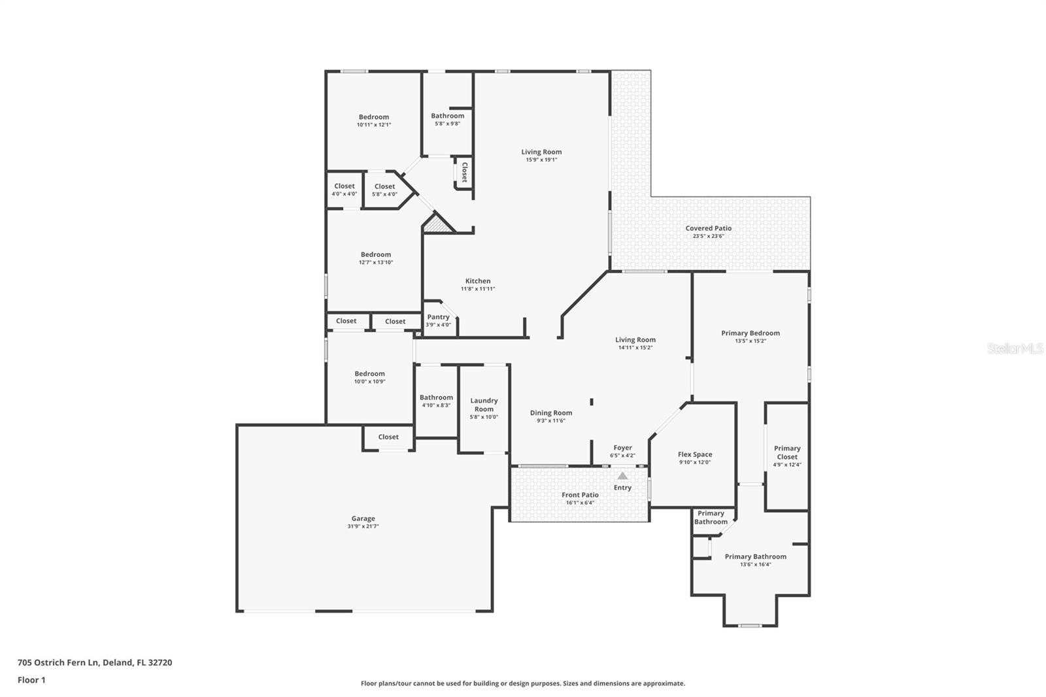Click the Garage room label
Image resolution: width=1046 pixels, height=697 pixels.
tap(363, 518)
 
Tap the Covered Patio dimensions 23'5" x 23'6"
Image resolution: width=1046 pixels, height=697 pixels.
tap(708, 236)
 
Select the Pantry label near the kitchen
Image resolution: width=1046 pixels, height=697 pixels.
tap(438, 317)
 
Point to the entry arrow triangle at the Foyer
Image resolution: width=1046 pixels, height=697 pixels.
tap(622, 476)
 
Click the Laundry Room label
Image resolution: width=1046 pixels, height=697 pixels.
tap(484, 405)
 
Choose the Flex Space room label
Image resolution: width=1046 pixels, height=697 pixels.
tap(694, 454)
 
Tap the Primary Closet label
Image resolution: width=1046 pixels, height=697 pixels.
tap(787, 452)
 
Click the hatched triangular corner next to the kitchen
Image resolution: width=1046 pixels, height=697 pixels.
tap(439, 224)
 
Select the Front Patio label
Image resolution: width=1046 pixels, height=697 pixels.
tap(580, 495)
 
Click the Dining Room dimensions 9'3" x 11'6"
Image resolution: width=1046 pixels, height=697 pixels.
tap(550, 420)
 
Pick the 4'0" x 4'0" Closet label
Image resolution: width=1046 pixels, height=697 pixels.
tap(345, 186)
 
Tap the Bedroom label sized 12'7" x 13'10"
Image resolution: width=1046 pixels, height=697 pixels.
tap(375, 254)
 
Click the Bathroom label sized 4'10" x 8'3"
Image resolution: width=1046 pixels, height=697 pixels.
tap(436, 398)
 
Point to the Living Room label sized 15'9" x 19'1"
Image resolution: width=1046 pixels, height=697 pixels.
tap(541, 152)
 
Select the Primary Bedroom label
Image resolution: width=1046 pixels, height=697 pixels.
tap(750, 333)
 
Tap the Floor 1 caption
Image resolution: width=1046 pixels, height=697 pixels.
tap(31, 680)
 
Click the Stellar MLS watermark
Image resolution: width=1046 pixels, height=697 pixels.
tap(1015, 348)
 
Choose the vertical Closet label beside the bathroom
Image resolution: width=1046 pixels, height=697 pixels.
tap(464, 172)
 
